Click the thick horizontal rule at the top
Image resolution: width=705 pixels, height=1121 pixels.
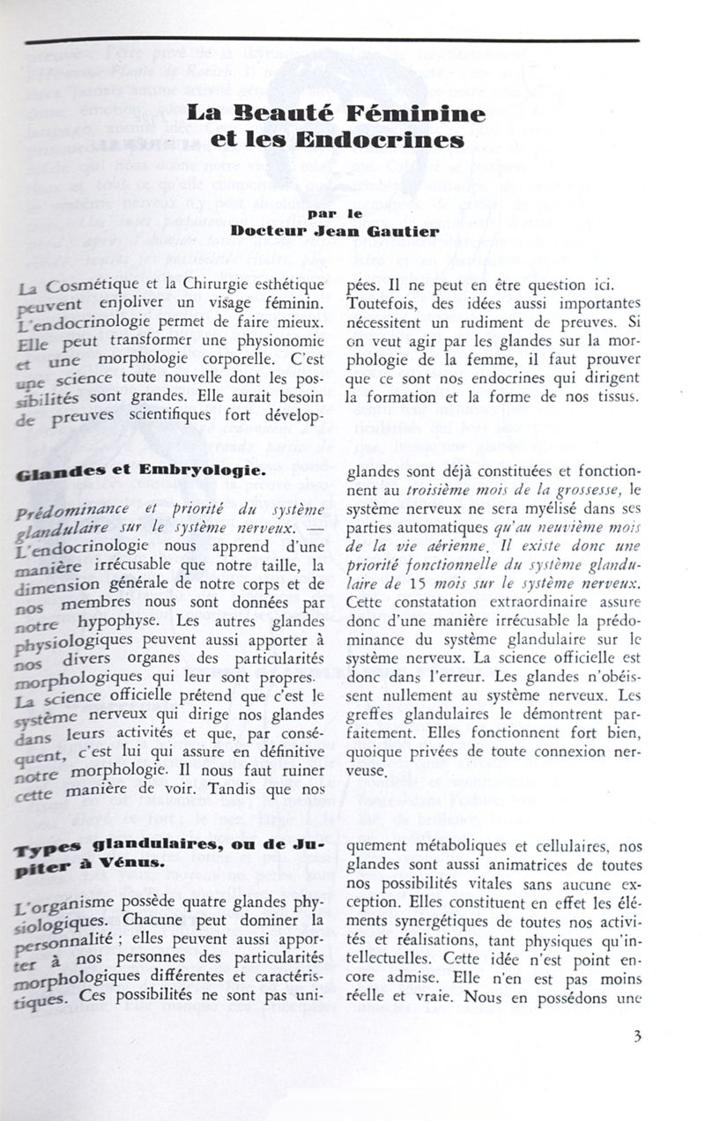click(333, 41)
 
